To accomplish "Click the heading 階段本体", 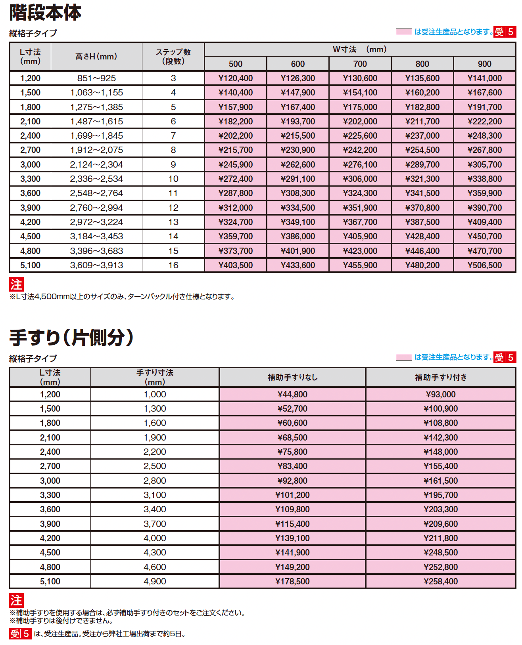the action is pos(45,13).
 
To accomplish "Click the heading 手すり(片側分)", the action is pos(71,338).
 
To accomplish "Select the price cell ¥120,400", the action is pos(235,78).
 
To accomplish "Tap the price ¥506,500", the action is pos(484,265).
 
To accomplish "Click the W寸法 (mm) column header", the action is pos(360,50).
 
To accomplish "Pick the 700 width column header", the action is pos(360,64).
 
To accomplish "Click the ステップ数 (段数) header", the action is pos(173,57).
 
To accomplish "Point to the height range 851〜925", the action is pos(96,78).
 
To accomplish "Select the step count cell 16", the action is pos(173,265).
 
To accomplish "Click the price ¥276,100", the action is pos(360,165).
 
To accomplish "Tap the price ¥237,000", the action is pos(422,136).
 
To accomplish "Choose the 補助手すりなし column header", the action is pos(292,378).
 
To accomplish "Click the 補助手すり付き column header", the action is pos(441,378).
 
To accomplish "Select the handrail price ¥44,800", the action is pos(292,395).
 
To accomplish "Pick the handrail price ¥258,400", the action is pos(441,582).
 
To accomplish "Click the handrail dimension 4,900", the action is pos(155,582).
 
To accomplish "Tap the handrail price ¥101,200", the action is pos(292,495).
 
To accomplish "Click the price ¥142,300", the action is pos(441,438).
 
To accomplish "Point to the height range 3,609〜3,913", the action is pos(96,265).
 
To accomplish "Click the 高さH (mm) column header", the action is pos(96,57).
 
